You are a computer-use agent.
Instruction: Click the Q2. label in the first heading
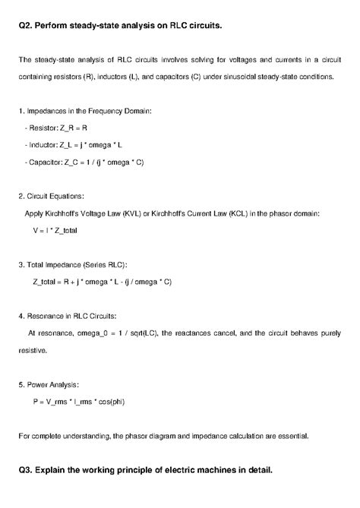click(27, 26)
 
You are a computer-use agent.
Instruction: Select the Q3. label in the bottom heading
click(27, 470)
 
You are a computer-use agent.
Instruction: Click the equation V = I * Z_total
click(55, 229)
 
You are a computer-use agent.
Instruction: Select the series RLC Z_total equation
click(102, 281)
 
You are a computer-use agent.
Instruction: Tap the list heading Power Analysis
click(51, 384)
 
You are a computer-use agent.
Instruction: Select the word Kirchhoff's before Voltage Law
click(63, 213)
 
